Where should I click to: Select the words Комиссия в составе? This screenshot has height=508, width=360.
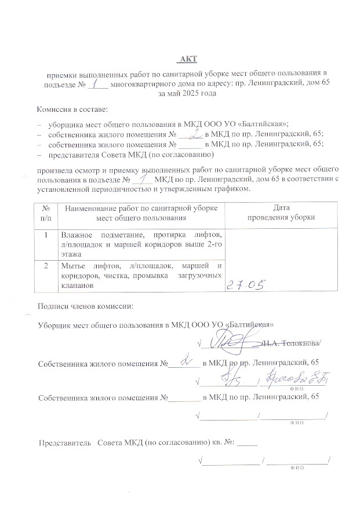[x=71, y=109]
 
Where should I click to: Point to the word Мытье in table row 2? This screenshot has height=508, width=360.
[x=73, y=265]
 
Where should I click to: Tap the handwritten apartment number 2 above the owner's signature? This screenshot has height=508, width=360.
[x=186, y=361]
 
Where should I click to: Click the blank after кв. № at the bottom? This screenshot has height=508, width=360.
[x=246, y=443]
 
